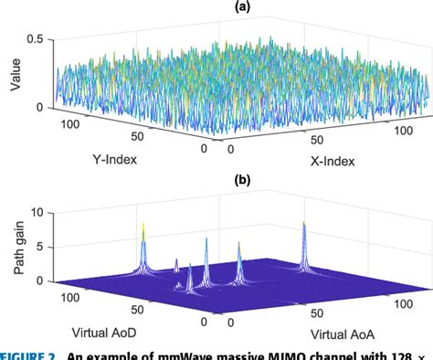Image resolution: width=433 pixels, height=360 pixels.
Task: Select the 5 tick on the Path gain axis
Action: point(36,247)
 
